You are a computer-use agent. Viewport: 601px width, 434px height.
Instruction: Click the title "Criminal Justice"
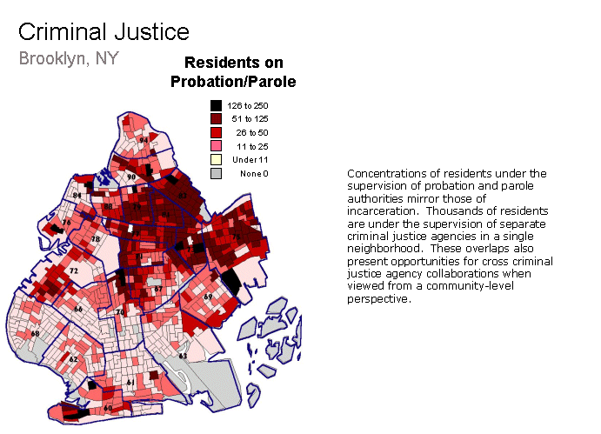[x=104, y=33]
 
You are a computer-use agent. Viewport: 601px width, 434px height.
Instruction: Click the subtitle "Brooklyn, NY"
[x=69, y=59]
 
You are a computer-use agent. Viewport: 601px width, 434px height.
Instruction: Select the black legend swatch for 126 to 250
[x=216, y=105]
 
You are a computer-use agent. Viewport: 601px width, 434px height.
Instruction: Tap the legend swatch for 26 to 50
[x=216, y=131]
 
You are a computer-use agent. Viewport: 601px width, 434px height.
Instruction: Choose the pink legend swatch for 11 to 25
[x=216, y=145]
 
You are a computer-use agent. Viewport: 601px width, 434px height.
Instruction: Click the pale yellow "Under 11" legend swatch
[x=216, y=159]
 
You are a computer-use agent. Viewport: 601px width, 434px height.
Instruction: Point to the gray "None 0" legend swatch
[x=216, y=173]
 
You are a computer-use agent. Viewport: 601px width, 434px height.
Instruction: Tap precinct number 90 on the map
[x=131, y=177]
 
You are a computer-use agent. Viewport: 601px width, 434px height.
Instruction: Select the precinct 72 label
[x=74, y=271]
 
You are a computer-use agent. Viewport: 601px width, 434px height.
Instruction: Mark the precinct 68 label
[x=35, y=333]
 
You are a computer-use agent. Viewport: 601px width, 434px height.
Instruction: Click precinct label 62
[x=73, y=358]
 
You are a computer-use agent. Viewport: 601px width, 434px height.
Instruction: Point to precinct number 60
[x=108, y=407]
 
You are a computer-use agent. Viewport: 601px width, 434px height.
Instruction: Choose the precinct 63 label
[x=183, y=356]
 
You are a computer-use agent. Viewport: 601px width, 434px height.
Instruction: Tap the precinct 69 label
[x=208, y=297]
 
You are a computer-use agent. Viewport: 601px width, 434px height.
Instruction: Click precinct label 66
[x=78, y=309]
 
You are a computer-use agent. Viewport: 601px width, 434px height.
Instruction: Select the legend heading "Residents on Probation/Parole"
[x=240, y=72]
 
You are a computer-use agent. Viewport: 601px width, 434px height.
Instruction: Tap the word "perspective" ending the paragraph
[x=377, y=299]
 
